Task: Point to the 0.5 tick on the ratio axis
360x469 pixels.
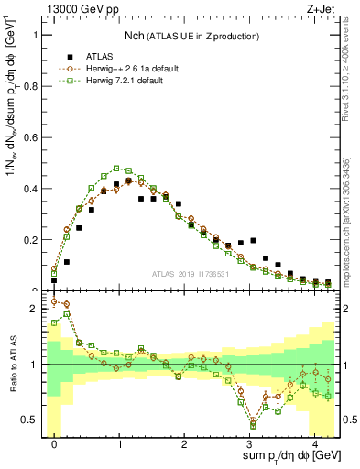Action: (x=34, y=420)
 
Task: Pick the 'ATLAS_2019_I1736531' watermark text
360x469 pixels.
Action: (x=189, y=274)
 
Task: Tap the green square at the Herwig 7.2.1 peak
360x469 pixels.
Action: (x=116, y=169)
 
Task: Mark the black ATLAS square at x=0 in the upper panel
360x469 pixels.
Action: (x=54, y=280)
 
